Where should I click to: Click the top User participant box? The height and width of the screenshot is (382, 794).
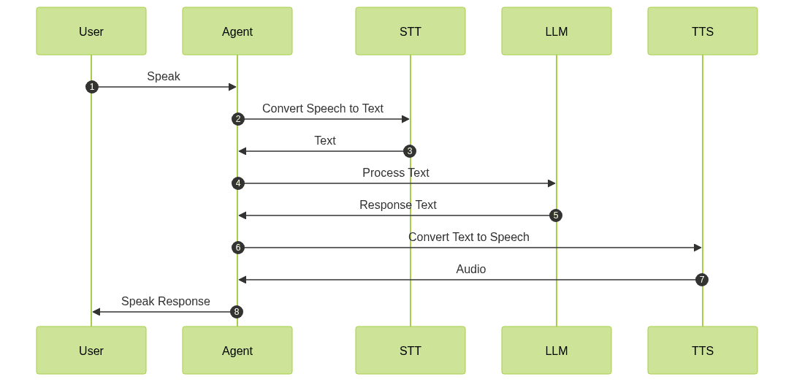(x=91, y=31)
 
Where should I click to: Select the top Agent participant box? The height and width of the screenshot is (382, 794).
(x=237, y=31)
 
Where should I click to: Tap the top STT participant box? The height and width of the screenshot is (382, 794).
(x=411, y=31)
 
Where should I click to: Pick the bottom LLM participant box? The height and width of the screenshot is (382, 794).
(x=557, y=351)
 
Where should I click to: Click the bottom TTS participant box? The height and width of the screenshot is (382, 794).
(x=703, y=351)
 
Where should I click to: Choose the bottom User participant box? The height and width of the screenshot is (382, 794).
(x=91, y=351)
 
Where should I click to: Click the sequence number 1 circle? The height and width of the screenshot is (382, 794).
(x=91, y=87)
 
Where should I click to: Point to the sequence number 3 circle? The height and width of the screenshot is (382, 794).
(x=410, y=151)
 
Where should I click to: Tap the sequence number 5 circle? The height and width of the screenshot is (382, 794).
(x=556, y=215)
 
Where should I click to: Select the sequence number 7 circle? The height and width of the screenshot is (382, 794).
(x=702, y=280)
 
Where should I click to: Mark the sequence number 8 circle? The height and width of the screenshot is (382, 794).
(x=237, y=312)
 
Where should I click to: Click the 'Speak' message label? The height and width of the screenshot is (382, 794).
(x=164, y=76)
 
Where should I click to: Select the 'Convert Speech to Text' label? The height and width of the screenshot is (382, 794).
(x=323, y=108)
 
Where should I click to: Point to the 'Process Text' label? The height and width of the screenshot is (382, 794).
(x=396, y=172)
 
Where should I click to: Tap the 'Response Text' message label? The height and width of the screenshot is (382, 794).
(x=398, y=205)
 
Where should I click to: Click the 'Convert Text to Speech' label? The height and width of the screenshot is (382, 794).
(x=469, y=237)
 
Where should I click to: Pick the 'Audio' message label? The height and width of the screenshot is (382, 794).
(x=471, y=269)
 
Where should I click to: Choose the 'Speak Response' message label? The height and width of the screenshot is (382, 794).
(x=166, y=301)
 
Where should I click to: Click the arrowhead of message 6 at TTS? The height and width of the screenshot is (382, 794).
(x=698, y=248)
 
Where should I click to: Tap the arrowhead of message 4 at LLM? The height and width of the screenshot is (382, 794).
(x=551, y=183)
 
